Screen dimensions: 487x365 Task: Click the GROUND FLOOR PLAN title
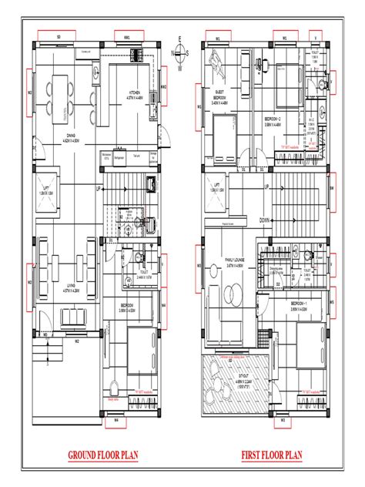pyautogui.click(x=99, y=455)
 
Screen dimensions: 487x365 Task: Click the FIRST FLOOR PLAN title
pyautogui.click(x=270, y=455)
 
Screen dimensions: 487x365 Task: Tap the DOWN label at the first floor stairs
pyautogui.click(x=264, y=218)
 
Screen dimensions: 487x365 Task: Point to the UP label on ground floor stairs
pyautogui.click(x=98, y=187)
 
